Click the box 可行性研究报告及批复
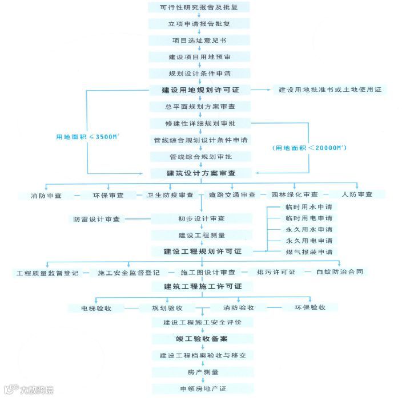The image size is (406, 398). (202, 9)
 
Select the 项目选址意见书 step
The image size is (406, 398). (202, 41)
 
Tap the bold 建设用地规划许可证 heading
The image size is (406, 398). (202, 90)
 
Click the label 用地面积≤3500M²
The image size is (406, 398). (83, 137)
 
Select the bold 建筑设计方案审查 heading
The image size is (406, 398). (202, 172)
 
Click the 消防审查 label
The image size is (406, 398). (47, 195)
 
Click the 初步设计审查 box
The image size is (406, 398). (202, 218)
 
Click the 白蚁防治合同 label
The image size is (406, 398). (340, 272)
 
